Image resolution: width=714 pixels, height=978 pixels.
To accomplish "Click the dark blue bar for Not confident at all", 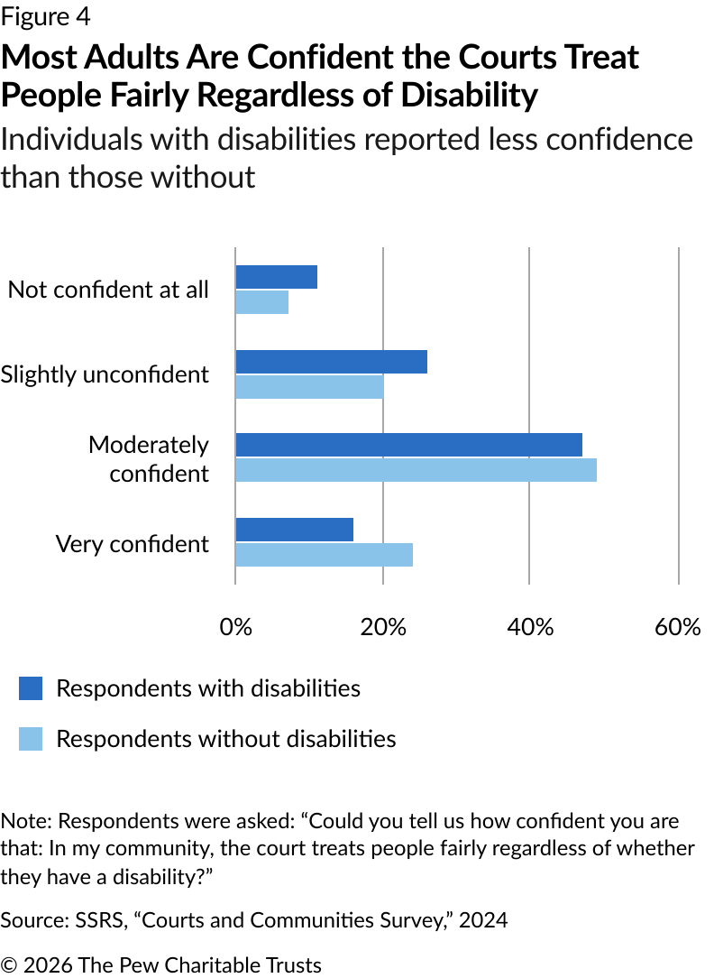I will (x=276, y=277).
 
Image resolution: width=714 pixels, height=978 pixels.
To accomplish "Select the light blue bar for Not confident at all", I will (x=261, y=302).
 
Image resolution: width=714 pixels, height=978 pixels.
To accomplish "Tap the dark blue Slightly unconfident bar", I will (x=331, y=361).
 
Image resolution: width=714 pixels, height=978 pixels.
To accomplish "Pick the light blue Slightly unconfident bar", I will (x=309, y=386).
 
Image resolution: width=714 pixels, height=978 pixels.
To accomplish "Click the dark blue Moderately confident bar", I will (x=408, y=445).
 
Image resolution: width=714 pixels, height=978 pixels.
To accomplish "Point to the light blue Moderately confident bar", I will (x=416, y=470).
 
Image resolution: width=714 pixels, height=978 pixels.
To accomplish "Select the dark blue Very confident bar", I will (x=294, y=530).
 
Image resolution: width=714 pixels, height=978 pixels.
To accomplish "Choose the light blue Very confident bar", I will (x=324, y=554).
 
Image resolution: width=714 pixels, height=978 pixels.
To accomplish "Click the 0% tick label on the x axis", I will (x=235, y=628).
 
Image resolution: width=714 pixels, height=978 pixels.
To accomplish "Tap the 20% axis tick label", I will (x=383, y=628).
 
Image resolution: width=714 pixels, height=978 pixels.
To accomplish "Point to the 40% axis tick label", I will (x=530, y=628).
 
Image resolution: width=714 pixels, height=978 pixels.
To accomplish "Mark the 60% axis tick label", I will (x=678, y=628).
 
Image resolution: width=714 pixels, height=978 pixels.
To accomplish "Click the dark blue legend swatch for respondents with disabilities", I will (x=31, y=689).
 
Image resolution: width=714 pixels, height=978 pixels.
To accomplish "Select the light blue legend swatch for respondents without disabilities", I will (x=31, y=740).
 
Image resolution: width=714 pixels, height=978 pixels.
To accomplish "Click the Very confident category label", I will (x=132, y=544).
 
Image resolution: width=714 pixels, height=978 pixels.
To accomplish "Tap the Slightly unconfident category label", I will (x=105, y=374).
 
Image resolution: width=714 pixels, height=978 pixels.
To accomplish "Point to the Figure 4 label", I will (x=46, y=16).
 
